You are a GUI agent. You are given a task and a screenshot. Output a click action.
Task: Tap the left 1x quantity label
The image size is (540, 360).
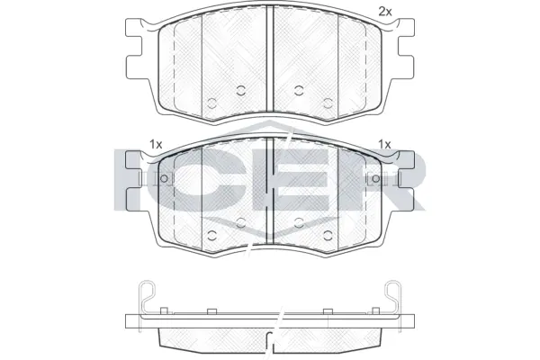pos(155,144)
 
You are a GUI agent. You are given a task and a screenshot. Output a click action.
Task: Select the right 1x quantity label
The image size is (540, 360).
pos(385,144)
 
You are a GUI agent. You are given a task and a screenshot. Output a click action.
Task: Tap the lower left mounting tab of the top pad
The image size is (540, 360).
pos(135,67)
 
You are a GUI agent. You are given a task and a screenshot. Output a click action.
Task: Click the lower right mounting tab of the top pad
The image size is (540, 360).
pos(405,67)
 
